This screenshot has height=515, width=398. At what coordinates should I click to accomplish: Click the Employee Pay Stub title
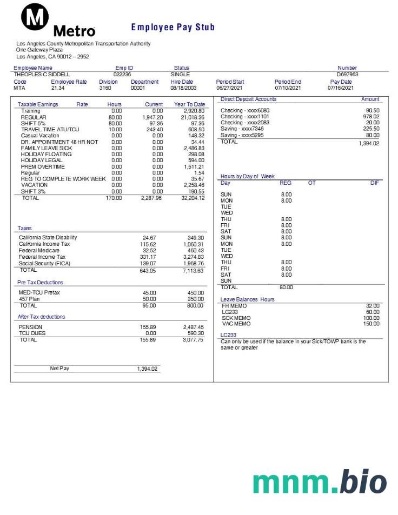(x=173, y=27)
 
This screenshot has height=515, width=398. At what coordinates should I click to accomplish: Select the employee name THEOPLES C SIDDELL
(x=42, y=75)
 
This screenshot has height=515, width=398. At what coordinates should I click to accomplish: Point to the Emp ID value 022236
(x=122, y=75)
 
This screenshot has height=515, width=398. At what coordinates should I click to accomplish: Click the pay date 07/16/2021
(x=341, y=88)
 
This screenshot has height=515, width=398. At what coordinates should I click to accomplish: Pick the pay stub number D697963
(x=347, y=75)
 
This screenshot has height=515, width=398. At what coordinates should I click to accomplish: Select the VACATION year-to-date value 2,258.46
(x=194, y=185)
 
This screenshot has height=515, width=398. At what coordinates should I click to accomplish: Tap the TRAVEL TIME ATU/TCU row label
(x=50, y=130)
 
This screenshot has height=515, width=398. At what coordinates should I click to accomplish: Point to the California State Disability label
(x=48, y=237)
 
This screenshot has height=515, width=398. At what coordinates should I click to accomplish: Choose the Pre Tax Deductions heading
(x=40, y=283)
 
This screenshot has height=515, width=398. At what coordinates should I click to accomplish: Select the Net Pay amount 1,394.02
(x=147, y=369)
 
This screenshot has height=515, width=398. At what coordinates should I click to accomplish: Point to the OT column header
(x=311, y=183)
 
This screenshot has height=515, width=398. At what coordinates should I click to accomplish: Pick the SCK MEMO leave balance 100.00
(x=371, y=318)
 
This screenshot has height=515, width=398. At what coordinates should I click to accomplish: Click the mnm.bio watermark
(x=319, y=483)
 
